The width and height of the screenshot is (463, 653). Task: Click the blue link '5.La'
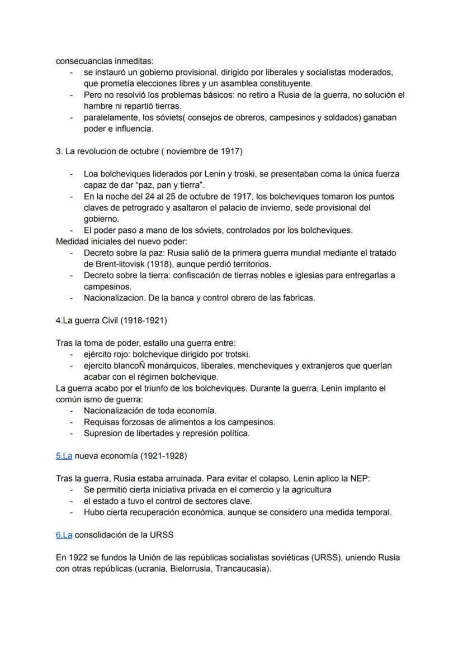pyautogui.click(x=64, y=456)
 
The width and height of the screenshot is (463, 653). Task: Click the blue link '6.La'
pyautogui.click(x=64, y=535)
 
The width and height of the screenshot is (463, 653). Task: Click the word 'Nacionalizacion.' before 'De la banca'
pyautogui.click(x=116, y=298)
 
